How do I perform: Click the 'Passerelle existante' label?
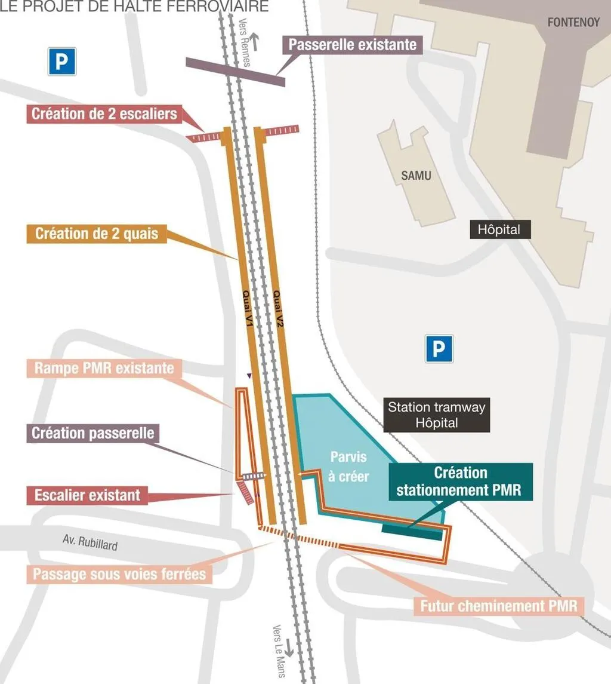click(353, 45)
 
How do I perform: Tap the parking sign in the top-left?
click(62, 62)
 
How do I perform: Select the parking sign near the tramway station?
click(439, 349)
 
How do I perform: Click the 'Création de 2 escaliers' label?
click(104, 114)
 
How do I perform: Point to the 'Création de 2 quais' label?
click(97, 233)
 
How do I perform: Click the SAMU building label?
click(416, 176)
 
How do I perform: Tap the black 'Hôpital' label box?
click(499, 229)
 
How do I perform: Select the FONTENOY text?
click(573, 23)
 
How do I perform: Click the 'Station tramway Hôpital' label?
click(436, 415)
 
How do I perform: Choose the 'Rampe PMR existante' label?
click(104, 367)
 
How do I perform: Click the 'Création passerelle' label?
click(92, 433)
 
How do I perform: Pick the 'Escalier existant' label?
click(87, 495)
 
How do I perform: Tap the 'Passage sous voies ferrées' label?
click(119, 575)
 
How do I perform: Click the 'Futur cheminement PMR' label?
click(499, 606)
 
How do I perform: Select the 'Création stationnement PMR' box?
click(460, 481)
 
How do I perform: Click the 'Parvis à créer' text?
click(349, 467)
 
